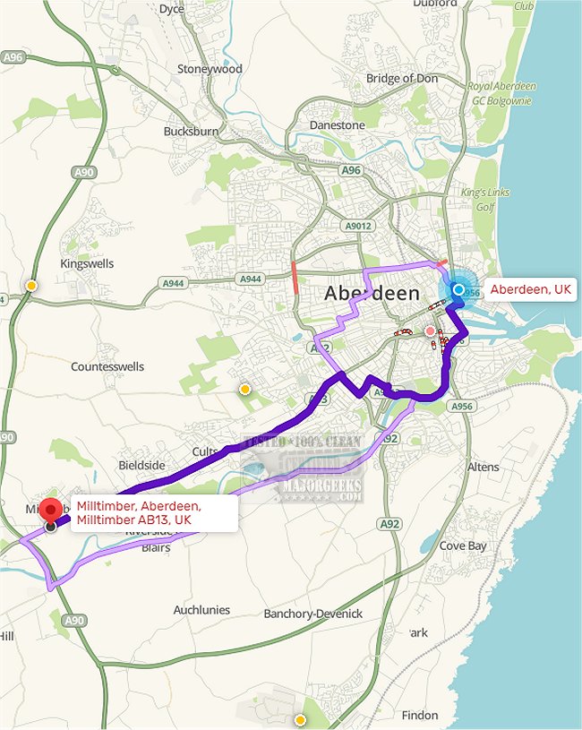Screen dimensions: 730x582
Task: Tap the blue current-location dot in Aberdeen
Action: tap(459, 290)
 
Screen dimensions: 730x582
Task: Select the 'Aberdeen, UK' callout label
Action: tap(530, 290)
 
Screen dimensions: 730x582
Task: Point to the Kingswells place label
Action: tap(88, 264)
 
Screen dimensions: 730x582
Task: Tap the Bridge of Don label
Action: tap(402, 79)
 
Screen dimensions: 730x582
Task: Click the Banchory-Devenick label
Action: tap(313, 614)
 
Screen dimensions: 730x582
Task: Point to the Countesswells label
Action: tap(107, 367)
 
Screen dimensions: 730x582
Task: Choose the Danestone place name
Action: tap(337, 125)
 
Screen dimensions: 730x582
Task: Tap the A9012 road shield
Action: tap(358, 227)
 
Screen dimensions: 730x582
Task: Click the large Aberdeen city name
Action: tap(372, 294)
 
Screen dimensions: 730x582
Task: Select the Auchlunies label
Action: tap(201, 610)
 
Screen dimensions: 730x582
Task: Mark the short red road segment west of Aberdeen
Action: tap(295, 278)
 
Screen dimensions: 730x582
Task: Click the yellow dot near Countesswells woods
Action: tap(244, 389)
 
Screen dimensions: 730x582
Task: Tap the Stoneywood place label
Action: tap(210, 69)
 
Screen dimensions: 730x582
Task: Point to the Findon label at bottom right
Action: tap(421, 716)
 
